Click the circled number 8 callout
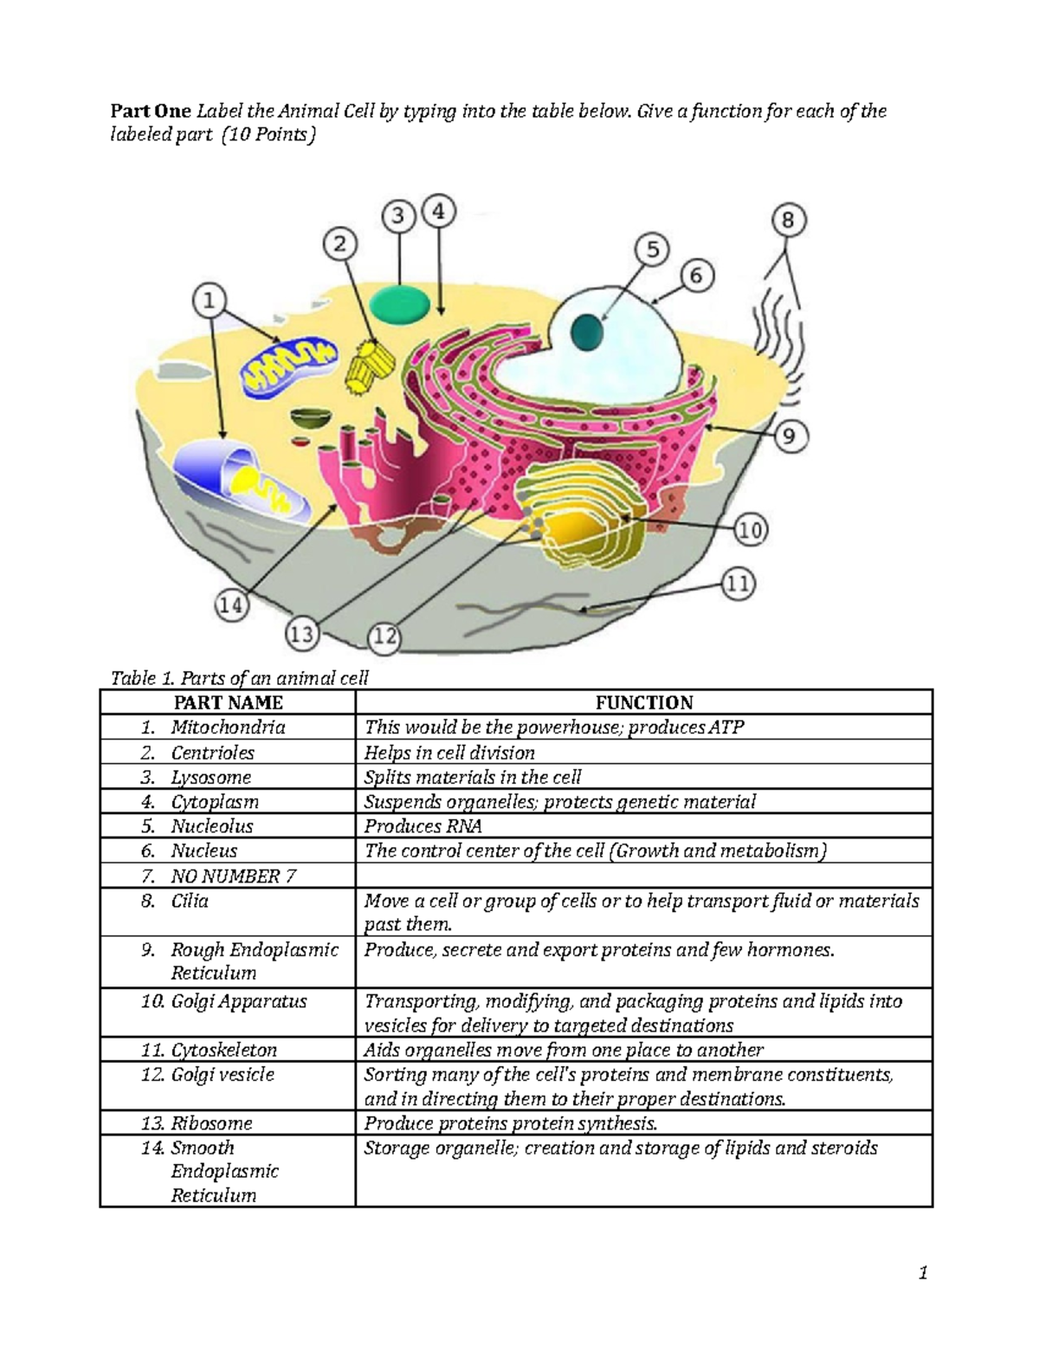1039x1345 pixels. [789, 221]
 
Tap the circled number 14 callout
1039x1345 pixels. [231, 605]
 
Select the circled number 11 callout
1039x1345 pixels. [738, 584]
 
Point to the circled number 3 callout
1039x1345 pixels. [398, 216]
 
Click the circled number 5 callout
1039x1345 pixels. [654, 250]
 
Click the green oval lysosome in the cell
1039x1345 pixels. [400, 303]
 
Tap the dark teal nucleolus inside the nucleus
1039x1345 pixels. [587, 332]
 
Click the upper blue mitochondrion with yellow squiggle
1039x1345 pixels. [290, 365]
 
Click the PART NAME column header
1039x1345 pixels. [229, 702]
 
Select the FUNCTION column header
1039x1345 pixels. [644, 702]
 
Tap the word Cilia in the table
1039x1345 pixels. [190, 901]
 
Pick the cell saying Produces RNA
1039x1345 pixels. [423, 826]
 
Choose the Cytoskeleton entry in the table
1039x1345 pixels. [224, 1051]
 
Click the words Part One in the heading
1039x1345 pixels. [151, 112]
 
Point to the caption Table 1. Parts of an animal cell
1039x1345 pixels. [240, 679]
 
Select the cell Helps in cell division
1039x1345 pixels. [449, 753]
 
